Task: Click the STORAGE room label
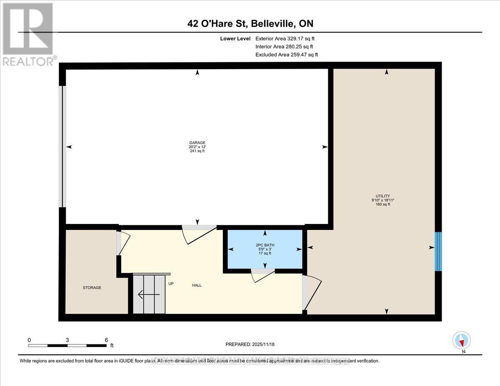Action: (x=92, y=288)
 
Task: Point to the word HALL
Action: (x=197, y=285)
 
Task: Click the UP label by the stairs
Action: (x=171, y=284)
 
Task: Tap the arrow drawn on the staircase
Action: (x=148, y=294)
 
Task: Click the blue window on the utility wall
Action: (x=438, y=252)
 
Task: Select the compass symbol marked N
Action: (x=462, y=341)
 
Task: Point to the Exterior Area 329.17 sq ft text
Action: (x=287, y=38)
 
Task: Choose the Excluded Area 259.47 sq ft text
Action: (x=287, y=55)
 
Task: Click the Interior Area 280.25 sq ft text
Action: (x=284, y=47)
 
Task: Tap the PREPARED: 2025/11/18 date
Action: (x=250, y=344)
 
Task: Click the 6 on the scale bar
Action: (x=106, y=340)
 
